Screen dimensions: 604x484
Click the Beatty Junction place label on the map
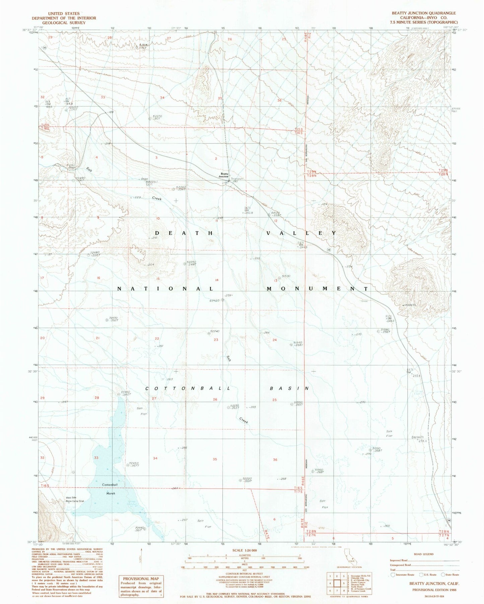(x=224, y=175)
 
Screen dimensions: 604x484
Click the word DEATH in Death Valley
(x=184, y=233)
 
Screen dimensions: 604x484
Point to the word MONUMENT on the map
(x=317, y=289)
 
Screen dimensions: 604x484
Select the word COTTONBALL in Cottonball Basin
(x=188, y=388)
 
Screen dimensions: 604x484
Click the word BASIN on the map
(x=289, y=388)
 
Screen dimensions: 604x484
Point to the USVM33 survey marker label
(x=409, y=305)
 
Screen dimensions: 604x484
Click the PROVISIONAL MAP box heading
(x=141, y=579)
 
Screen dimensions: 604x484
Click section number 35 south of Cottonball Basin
(x=215, y=459)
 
